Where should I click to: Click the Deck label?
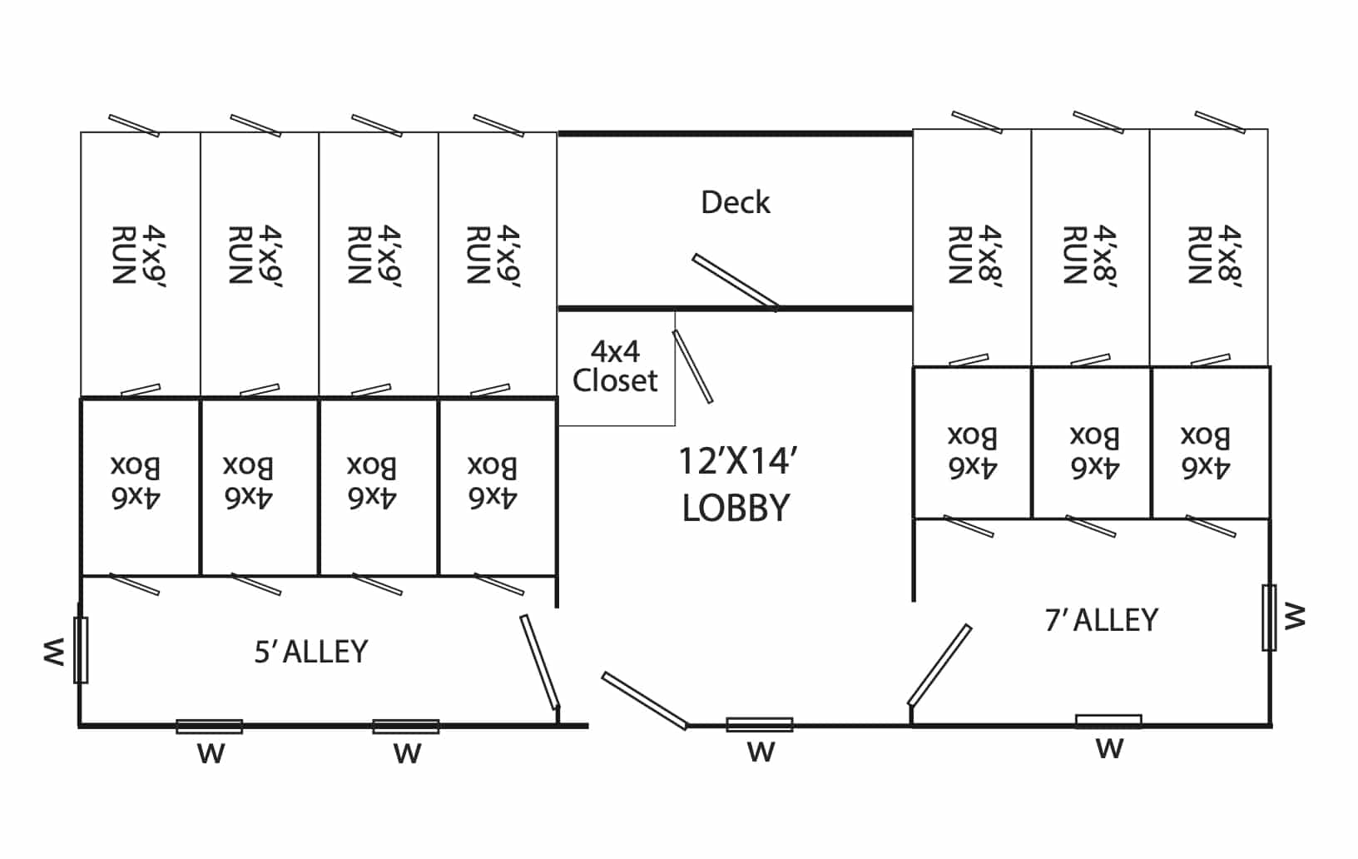pyautogui.click(x=736, y=202)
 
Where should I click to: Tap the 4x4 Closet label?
pyautogui.click(x=615, y=366)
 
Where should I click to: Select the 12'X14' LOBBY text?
pyautogui.click(x=736, y=484)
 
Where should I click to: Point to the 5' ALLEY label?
pyautogui.click(x=311, y=652)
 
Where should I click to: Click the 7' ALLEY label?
pyautogui.click(x=1102, y=620)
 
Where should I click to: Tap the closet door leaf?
pyautogui.click(x=692, y=366)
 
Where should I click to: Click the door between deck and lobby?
pyautogui.click(x=735, y=281)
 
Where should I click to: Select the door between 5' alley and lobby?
pyautogui.click(x=539, y=661)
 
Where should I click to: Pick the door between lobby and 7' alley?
pyautogui.click(x=939, y=665)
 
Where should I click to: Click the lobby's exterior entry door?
pyautogui.click(x=644, y=701)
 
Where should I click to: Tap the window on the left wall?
pyautogui.click(x=81, y=650)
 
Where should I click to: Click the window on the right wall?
pyautogui.click(x=1269, y=618)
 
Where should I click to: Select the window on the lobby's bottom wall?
pyautogui.click(x=760, y=724)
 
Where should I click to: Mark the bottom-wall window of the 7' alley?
pyautogui.click(x=1109, y=722)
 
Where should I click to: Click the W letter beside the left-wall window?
pyautogui.click(x=53, y=652)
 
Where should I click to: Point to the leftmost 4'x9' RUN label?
pyautogui.click(x=139, y=256)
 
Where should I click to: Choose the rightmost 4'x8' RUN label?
pyautogui.click(x=1214, y=255)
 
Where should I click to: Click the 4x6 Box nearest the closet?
pyautogui.click(x=493, y=482)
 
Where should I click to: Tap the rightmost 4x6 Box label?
pyautogui.click(x=1205, y=452)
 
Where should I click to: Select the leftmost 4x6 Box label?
pyautogui.click(x=135, y=482)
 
